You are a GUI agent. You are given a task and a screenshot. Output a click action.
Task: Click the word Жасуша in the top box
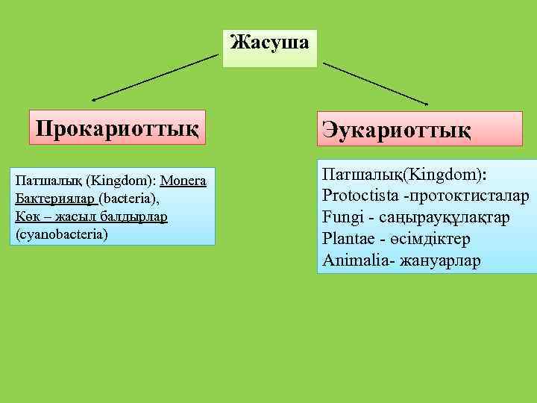point(269,42)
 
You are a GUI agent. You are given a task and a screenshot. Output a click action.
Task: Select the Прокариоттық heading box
point(116,128)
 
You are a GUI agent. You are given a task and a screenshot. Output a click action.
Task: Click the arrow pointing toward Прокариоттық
point(153,77)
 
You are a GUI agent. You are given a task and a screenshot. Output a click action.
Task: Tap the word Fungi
point(342,218)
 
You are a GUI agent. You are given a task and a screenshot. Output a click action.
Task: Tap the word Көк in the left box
point(27,216)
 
